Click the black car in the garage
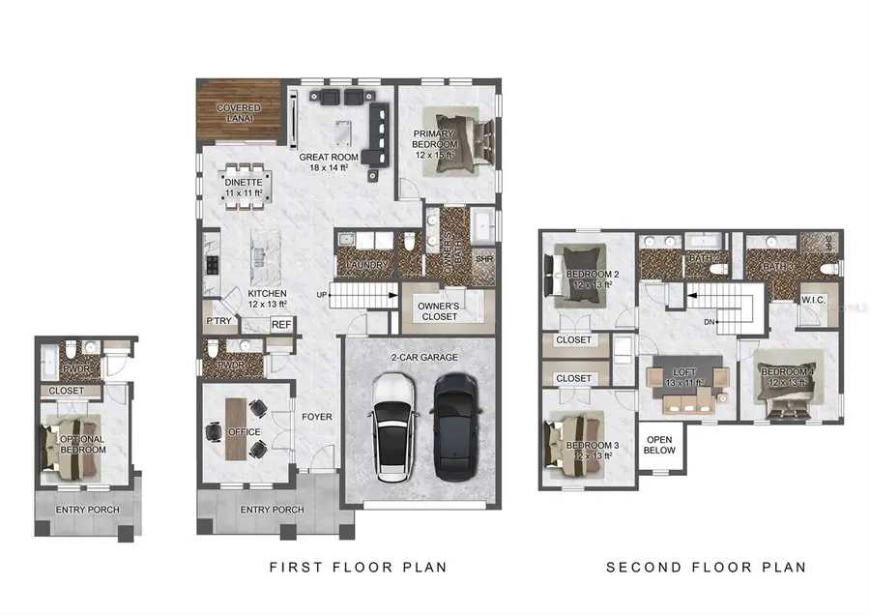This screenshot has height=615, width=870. [456, 426]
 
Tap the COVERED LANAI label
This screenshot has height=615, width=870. [236, 112]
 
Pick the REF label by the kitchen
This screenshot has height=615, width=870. [281, 326]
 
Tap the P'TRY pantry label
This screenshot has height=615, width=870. [217, 321]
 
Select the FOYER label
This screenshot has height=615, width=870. [316, 418]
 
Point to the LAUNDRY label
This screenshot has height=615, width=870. [364, 266]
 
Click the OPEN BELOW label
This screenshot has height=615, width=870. [659, 444]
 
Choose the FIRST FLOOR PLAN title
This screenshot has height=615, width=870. [358, 567]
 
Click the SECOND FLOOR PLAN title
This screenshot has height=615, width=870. [706, 567]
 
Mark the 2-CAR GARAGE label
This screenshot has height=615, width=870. [425, 357]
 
